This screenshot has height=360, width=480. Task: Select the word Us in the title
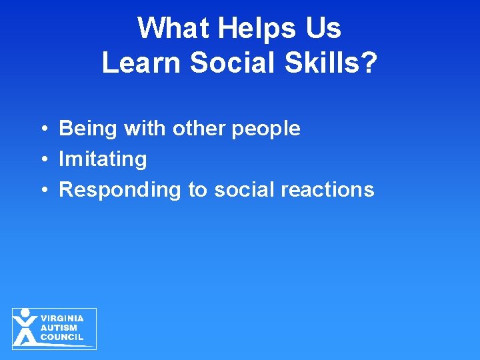324,29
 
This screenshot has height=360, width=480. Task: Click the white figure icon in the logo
25,327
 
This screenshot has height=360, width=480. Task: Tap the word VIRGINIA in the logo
62,319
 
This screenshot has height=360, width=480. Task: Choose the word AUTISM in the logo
59,328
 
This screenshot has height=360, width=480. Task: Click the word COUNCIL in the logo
62,337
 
